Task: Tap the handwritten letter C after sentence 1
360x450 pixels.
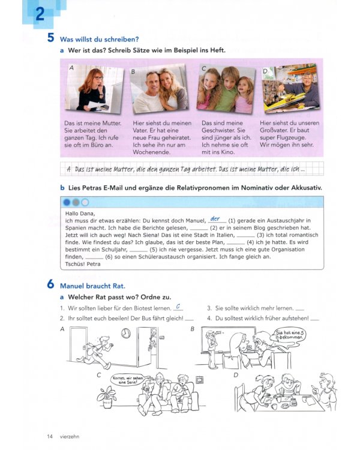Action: [x=178, y=307]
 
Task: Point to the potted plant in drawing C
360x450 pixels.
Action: [x=107, y=395]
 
